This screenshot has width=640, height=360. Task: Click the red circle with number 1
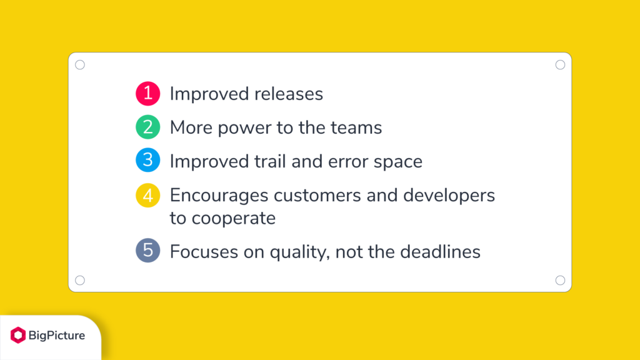(x=147, y=94)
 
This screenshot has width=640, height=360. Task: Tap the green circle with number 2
(x=147, y=127)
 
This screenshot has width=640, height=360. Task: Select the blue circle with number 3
(x=147, y=161)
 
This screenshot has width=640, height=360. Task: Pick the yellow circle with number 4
(x=147, y=195)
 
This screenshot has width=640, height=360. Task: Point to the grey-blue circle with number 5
(x=147, y=251)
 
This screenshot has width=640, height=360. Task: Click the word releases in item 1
(x=289, y=94)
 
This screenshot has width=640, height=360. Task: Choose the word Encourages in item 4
(x=220, y=195)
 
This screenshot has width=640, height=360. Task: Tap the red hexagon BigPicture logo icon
(x=17, y=336)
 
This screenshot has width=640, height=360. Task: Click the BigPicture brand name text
(x=56, y=336)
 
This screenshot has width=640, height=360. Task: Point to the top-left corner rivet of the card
(x=80, y=65)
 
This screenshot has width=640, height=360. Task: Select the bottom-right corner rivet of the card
(x=560, y=280)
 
